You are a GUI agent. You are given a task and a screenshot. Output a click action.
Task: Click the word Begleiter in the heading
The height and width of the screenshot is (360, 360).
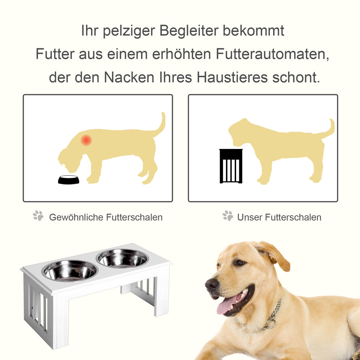(x=188, y=31)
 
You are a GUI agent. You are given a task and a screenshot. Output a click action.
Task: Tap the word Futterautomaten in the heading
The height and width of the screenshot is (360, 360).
(x=272, y=54)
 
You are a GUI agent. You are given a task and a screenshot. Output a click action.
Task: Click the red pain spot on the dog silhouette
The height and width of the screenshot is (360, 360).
(x=86, y=140)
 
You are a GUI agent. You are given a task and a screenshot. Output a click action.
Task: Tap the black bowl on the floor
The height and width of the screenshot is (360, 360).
(x=69, y=180)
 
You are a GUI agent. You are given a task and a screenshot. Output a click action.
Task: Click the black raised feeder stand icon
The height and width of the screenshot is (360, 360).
(x=231, y=166)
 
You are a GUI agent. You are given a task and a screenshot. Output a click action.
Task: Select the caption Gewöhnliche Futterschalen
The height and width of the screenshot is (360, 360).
(x=106, y=217)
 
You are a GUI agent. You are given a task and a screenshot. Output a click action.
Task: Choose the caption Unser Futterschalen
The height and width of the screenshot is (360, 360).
(x=279, y=217)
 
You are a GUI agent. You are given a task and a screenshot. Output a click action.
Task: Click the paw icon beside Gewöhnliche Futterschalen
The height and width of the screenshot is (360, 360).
(x=38, y=216)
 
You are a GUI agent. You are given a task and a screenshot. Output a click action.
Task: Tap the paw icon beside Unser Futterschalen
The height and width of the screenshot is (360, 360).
(x=228, y=216)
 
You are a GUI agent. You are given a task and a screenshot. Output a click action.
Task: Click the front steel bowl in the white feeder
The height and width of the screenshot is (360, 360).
(x=70, y=271)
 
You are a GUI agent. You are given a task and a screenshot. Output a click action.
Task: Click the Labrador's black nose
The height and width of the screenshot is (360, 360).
(x=212, y=284)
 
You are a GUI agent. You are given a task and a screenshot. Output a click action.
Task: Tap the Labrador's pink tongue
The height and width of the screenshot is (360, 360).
(x=227, y=305)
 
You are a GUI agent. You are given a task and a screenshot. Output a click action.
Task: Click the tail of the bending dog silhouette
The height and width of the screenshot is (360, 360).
(x=161, y=125)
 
